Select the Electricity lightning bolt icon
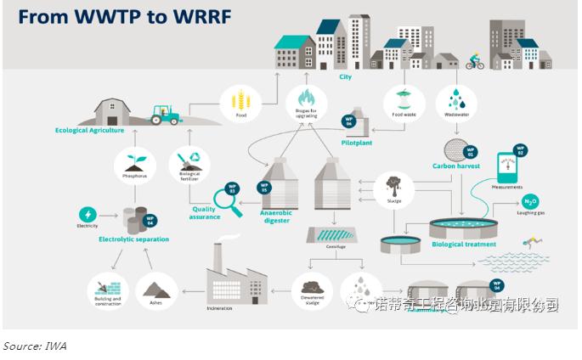coord(88,214)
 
